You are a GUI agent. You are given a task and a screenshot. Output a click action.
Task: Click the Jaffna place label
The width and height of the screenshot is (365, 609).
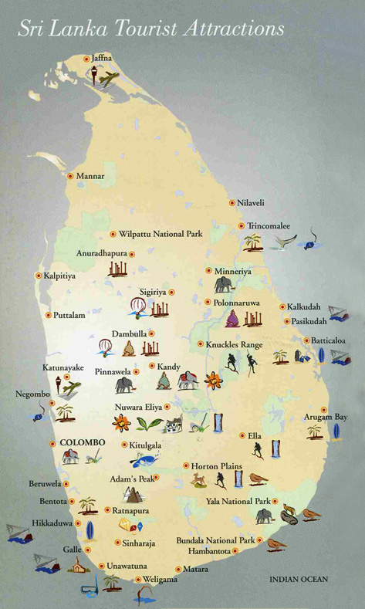pyautogui.click(x=101, y=58)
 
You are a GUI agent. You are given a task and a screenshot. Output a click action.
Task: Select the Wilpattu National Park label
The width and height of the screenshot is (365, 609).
pyautogui.click(x=160, y=233)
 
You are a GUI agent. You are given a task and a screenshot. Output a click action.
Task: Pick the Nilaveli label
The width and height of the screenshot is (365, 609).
pyautogui.click(x=251, y=203)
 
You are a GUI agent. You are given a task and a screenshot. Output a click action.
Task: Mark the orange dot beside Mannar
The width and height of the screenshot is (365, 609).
pyautogui.click(x=69, y=176)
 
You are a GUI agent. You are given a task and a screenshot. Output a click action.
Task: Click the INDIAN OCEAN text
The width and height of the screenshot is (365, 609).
pyautogui.click(x=299, y=579)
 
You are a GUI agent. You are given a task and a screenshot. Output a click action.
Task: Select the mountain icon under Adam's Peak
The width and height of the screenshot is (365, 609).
pyautogui.click(x=134, y=494)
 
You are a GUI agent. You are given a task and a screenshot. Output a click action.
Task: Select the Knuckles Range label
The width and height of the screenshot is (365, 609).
pyautogui.click(x=235, y=344)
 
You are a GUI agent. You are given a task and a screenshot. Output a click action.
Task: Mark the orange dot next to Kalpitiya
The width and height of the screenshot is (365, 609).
pyautogui.click(x=37, y=275)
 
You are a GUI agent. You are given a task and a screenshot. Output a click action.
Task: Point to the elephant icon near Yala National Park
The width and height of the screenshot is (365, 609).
pyautogui.click(x=265, y=516)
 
